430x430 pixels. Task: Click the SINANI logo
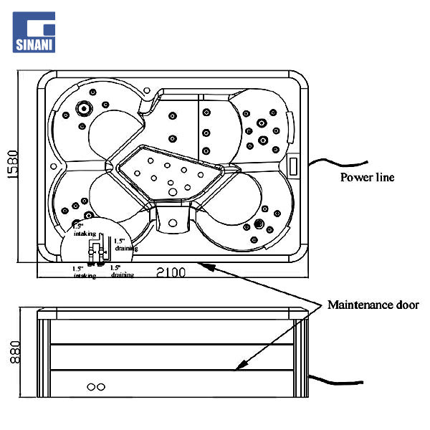pos(34,32)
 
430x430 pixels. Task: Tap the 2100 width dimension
pos(171,272)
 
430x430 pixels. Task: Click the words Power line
pos(367,177)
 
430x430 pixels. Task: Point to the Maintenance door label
pos(373,305)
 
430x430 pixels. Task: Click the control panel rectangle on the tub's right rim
pos(293,164)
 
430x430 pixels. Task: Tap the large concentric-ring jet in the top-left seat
pos(84,109)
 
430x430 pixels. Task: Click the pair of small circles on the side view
pos(96,387)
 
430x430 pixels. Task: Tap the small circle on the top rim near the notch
pos(148,91)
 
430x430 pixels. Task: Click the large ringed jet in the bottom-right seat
pos(257,225)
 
